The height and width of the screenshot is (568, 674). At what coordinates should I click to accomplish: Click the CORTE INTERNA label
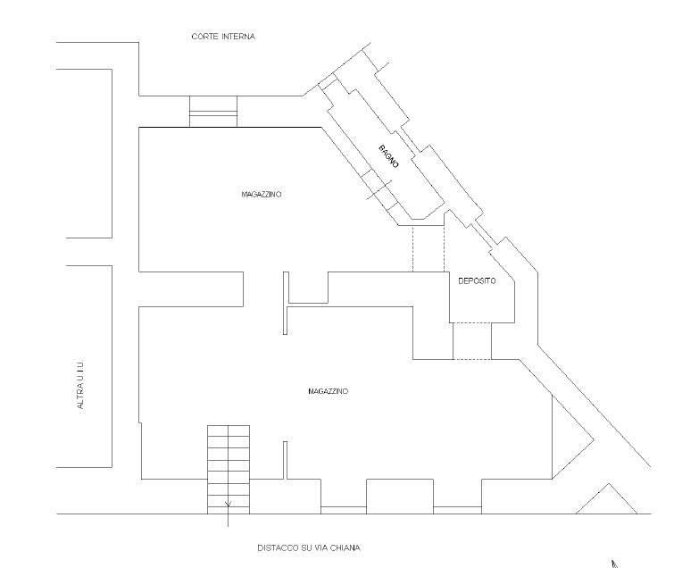[x=223, y=37]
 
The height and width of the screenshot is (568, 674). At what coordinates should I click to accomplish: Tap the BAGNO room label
[x=388, y=156]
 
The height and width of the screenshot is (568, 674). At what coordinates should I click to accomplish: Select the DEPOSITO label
[x=477, y=280]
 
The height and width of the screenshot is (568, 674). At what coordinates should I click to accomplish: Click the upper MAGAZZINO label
[x=262, y=195]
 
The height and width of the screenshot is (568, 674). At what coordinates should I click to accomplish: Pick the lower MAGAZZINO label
[x=328, y=391]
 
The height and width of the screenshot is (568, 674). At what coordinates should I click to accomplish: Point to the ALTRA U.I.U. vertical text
[x=80, y=383]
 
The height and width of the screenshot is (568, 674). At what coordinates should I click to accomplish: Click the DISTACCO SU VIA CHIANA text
[x=309, y=547]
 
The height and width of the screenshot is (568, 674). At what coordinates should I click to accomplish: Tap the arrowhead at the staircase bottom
[x=228, y=504]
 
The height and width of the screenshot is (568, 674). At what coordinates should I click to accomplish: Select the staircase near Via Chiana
[x=229, y=470]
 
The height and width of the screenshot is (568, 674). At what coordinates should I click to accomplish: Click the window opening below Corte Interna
[x=213, y=112]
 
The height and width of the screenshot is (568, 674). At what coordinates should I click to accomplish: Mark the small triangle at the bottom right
[x=606, y=498]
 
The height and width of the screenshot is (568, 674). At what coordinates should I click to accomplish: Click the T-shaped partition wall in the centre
[x=286, y=303]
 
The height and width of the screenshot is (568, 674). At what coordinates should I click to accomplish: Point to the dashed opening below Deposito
[x=472, y=341]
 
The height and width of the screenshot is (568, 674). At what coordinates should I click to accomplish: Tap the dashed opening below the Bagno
[x=429, y=248]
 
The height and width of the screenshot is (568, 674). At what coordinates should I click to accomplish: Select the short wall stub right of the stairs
[x=285, y=460]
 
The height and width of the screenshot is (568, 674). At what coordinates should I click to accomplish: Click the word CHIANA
[x=345, y=547]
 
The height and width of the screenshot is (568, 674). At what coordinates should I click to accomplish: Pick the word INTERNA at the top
[x=238, y=37]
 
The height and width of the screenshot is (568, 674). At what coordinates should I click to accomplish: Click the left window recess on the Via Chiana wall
[x=344, y=510]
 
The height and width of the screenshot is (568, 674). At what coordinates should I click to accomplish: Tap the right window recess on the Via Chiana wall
[x=457, y=510]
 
